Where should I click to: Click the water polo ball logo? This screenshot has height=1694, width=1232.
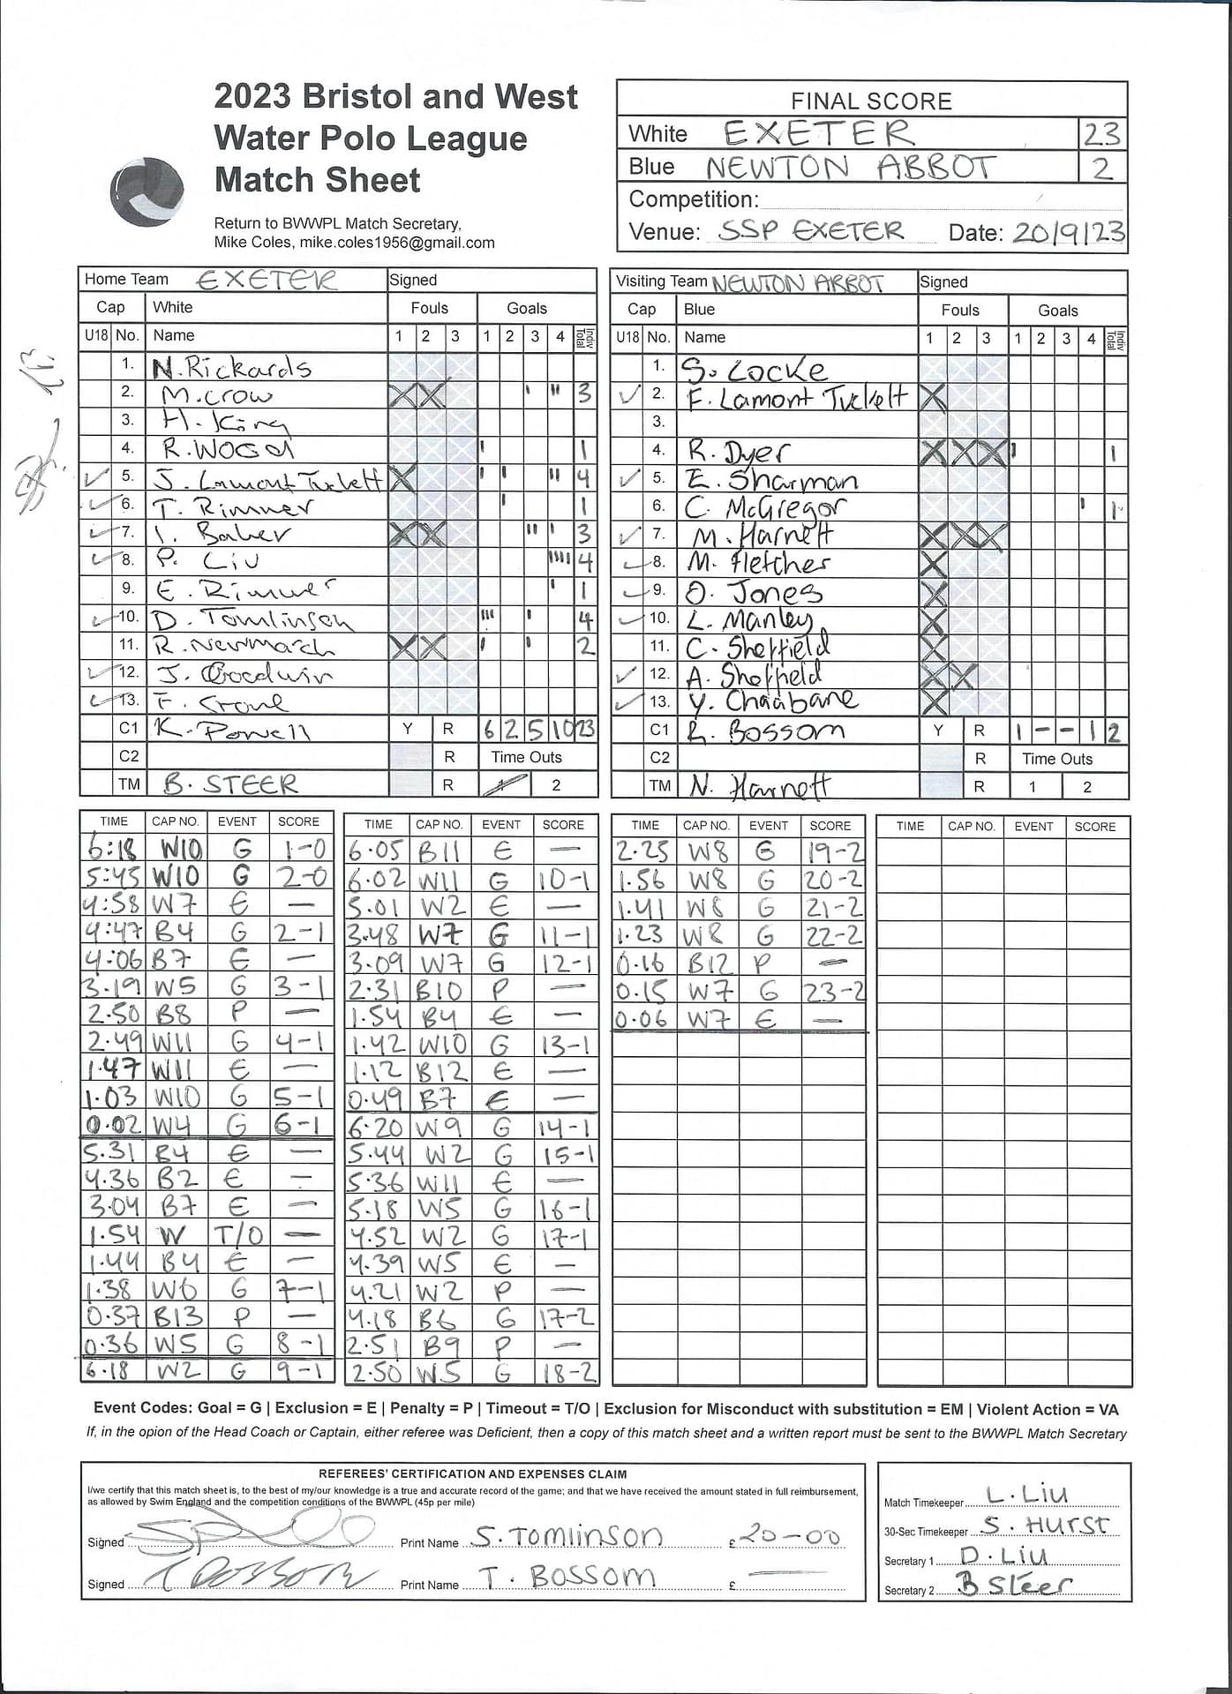tap(147, 191)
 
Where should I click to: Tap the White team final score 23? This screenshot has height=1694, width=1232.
tap(1101, 134)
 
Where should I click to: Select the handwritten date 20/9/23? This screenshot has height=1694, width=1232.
tap(1068, 232)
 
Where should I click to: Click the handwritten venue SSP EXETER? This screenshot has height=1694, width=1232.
tap(811, 230)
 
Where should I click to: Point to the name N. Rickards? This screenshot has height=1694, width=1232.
tap(231, 367)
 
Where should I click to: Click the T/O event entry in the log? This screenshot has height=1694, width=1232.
tap(237, 1234)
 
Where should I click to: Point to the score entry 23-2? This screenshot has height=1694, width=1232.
tap(832, 992)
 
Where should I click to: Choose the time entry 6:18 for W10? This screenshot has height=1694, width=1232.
tap(112, 849)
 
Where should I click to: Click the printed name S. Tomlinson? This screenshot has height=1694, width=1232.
tap(567, 1536)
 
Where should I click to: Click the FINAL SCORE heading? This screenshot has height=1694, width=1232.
tap(871, 101)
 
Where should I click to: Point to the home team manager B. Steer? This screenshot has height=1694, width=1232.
tap(230, 784)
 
